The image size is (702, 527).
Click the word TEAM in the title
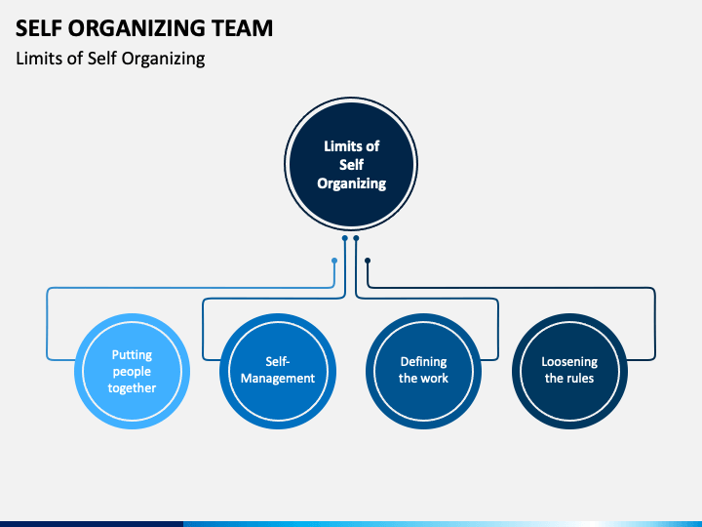242,27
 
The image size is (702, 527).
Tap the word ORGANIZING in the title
137,27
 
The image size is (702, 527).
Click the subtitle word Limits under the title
38,59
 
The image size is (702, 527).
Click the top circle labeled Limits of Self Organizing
351,164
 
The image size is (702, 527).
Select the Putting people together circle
132,371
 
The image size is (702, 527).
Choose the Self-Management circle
278,371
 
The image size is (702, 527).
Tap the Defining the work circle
423,371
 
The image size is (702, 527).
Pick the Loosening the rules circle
569,371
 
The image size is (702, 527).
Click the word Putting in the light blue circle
132,355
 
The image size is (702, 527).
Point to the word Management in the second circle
278,379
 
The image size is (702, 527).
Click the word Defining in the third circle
423,362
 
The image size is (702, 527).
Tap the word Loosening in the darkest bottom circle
569,362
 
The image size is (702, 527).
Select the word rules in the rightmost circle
580,379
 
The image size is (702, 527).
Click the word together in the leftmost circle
132,388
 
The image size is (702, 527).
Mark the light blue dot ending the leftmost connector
334,261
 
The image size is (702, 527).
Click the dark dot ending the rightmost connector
368,261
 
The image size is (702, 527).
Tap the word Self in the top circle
351,165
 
